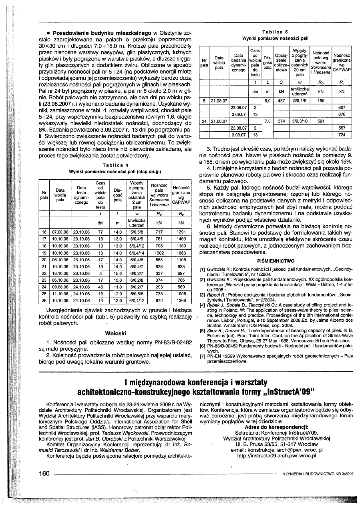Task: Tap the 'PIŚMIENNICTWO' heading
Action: click(x=276, y=261)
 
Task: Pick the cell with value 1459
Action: click(x=181, y=238)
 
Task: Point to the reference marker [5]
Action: click(x=202, y=331)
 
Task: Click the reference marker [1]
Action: click(x=202, y=271)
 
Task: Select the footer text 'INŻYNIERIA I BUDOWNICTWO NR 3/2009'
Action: click(x=318, y=474)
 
